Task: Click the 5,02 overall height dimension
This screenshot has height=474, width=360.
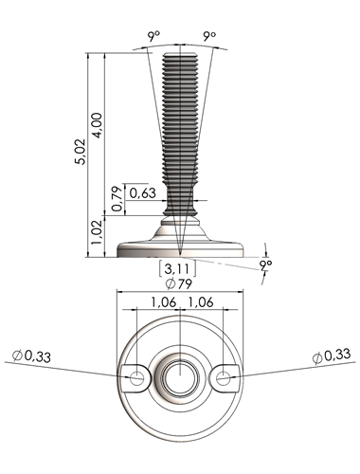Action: [80, 152]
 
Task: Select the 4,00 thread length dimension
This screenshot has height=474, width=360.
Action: [97, 125]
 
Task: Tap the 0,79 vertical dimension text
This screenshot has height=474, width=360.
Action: [117, 199]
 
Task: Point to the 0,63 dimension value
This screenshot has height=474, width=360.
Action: [143, 192]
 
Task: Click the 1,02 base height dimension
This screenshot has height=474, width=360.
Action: [97, 232]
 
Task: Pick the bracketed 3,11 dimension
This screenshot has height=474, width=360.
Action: [177, 268]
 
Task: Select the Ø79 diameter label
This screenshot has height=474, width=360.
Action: [179, 284]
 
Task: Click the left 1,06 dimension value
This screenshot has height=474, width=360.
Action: [163, 302]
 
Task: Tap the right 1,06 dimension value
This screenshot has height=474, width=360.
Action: [201, 302]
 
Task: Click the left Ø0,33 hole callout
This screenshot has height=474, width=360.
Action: [31, 356]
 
